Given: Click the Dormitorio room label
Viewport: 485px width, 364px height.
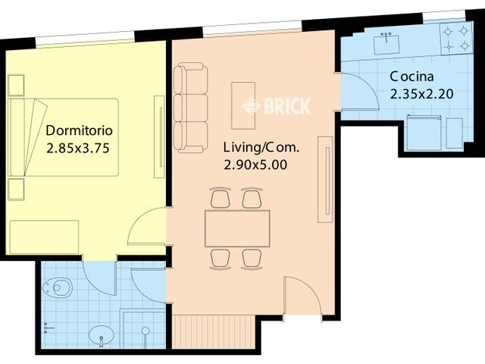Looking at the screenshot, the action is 79,130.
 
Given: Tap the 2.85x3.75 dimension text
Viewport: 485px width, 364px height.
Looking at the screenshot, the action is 78,149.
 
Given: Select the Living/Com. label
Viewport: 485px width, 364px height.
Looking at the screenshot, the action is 261,148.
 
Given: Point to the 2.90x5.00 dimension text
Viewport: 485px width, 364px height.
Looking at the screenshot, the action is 255,165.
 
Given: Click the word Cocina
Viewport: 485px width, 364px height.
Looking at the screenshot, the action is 411,77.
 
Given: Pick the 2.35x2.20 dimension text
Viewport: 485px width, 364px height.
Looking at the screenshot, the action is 421,94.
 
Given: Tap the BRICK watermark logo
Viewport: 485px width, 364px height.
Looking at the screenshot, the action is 276,106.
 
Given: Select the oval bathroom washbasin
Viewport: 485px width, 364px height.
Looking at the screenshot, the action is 101,335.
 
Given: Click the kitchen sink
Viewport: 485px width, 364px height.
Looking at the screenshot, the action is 386,45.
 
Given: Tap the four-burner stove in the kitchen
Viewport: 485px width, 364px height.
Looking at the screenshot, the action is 456,39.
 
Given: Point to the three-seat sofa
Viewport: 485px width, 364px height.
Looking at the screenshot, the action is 190,108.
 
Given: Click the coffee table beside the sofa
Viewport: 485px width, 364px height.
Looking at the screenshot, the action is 243,105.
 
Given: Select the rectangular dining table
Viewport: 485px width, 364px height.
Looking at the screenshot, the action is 237,228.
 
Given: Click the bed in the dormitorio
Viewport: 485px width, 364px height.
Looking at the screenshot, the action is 64,137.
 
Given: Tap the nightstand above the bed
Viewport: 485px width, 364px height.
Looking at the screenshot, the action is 16,85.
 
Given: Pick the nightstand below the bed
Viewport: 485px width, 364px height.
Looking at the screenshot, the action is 16,190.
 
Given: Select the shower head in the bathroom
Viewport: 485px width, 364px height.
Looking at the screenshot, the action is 145,331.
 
